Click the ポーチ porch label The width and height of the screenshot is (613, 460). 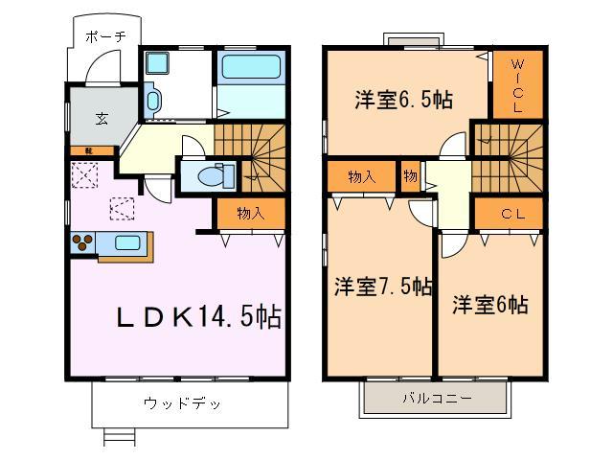[x=105, y=37]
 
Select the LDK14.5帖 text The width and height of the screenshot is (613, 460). [x=199, y=318]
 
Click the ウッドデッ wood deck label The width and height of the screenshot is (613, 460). [x=183, y=403]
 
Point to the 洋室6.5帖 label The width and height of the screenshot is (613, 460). [x=403, y=100]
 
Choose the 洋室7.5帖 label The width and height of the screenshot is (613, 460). [x=382, y=287]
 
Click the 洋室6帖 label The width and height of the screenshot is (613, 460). [x=489, y=305]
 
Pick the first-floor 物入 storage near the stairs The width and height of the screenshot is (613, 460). [x=250, y=213]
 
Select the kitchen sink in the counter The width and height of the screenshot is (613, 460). [x=126, y=241]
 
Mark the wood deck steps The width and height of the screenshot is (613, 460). [x=118, y=437]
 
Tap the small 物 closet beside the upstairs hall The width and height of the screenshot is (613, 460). [x=410, y=177]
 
